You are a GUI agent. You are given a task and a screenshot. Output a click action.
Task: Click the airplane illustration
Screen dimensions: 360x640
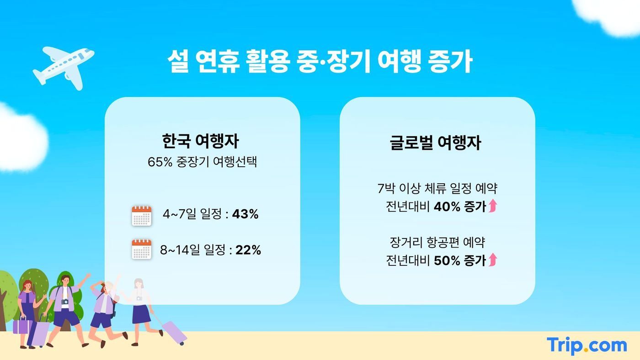(x=64, y=67)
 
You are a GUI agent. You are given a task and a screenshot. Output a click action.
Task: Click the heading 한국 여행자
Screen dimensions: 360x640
(x=200, y=141)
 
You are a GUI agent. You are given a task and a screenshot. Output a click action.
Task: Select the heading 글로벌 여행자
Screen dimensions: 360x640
(x=435, y=143)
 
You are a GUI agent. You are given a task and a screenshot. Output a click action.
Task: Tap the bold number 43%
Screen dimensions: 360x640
(x=245, y=214)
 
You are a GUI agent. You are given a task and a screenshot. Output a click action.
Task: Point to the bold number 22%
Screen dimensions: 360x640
(x=248, y=250)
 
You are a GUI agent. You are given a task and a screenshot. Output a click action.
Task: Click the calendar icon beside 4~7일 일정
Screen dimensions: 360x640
(x=141, y=215)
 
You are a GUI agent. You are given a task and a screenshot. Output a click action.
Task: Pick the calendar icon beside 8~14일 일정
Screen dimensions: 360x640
(x=141, y=249)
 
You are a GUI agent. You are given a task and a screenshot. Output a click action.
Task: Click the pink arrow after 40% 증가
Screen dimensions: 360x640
(x=492, y=206)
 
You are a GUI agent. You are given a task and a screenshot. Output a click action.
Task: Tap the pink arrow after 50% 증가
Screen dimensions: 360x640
(x=492, y=260)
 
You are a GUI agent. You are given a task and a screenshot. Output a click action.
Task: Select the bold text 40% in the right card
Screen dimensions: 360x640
(x=447, y=207)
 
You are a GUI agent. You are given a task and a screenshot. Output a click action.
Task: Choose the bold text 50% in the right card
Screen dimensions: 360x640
(x=447, y=260)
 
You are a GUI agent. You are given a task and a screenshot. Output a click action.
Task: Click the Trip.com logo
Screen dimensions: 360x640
(x=587, y=345)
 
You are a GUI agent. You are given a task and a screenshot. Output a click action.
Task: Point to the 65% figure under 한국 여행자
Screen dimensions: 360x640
(x=159, y=162)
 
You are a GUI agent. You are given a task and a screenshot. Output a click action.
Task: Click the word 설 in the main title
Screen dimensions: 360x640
(x=178, y=63)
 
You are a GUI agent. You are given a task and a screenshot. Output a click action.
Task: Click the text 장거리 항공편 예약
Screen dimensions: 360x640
(x=437, y=242)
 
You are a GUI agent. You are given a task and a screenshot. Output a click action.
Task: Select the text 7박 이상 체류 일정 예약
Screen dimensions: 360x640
(x=437, y=188)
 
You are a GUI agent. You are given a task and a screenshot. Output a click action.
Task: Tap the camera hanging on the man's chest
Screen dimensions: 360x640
(x=65, y=302)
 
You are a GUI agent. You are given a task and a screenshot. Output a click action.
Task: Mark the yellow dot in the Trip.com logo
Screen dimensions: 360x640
(x=586, y=352)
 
